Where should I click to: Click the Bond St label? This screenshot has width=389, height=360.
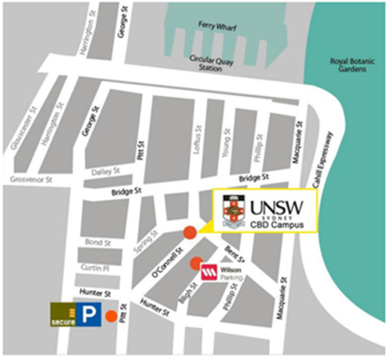(98, 243)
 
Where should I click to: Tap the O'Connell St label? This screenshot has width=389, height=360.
(167, 262)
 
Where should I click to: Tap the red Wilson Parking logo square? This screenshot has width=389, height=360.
(209, 272)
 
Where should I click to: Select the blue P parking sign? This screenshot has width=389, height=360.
(89, 315)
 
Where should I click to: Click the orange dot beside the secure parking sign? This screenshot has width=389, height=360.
(110, 316)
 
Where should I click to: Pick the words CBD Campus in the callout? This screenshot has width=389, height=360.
(277, 225)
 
